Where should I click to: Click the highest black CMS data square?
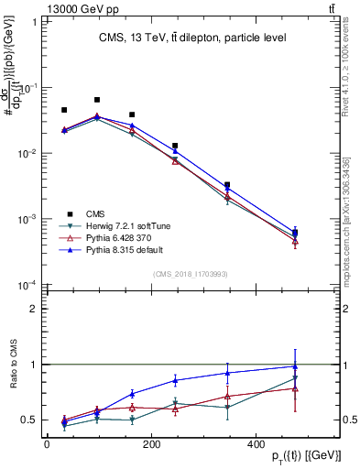(97, 100)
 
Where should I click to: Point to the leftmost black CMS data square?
(64, 110)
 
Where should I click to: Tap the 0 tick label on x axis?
(47, 443)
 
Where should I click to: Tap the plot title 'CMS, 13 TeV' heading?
(192, 38)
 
